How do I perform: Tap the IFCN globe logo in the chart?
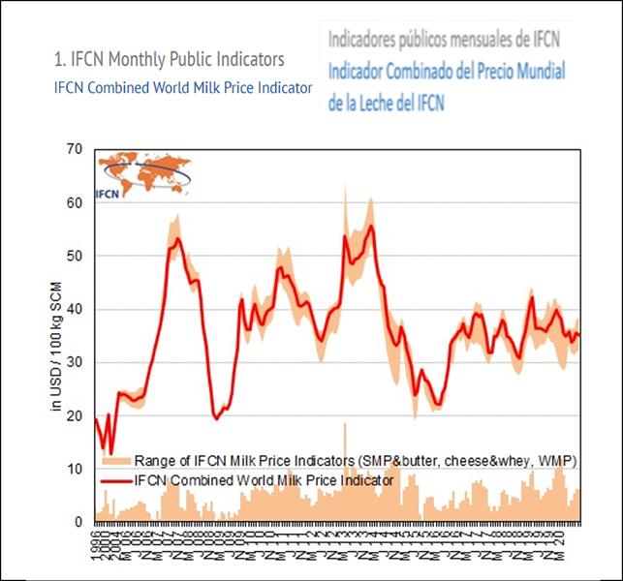click(x=137, y=174)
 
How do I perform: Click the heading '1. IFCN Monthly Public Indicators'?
click(x=170, y=60)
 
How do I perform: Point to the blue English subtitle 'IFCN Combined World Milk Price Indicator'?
click(x=182, y=87)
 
